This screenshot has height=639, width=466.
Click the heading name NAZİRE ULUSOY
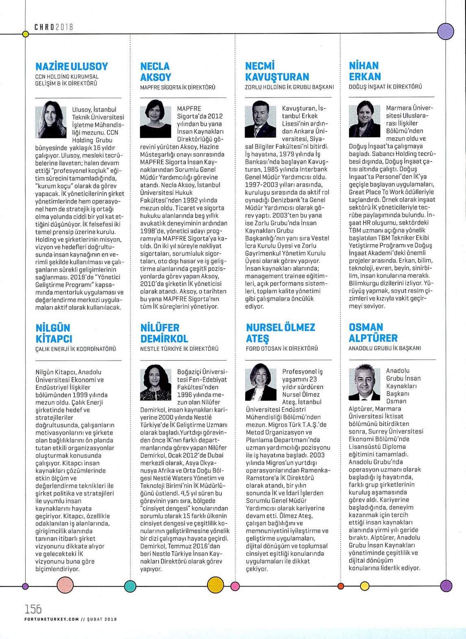(x=72, y=66)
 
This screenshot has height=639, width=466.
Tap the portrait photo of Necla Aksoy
(x=156, y=122)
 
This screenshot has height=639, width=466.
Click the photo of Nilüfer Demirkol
(x=156, y=382)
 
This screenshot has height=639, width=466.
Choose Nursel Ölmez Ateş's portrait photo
(x=261, y=382)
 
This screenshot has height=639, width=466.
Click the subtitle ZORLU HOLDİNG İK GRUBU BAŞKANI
(x=289, y=87)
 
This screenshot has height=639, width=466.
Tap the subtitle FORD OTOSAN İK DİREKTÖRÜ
(x=282, y=348)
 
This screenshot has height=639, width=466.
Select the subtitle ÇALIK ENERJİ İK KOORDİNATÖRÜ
(x=76, y=349)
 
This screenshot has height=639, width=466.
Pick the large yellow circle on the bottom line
(x=216, y=585)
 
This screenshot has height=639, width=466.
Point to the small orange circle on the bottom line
(x=341, y=586)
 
